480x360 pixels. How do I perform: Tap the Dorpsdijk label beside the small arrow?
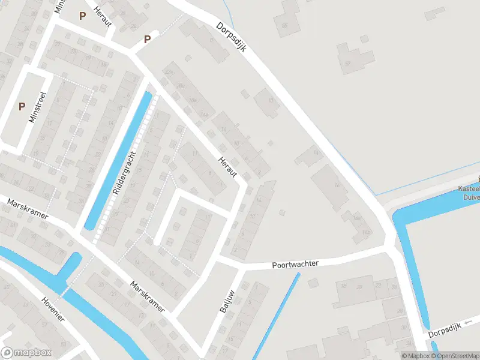[443, 329]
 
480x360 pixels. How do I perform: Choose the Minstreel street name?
[38, 107]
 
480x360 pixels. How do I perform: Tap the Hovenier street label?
[52, 309]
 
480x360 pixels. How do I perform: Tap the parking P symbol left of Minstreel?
[22, 107]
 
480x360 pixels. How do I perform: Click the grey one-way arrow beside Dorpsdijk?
[469, 322]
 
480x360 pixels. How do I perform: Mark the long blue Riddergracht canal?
[118, 161]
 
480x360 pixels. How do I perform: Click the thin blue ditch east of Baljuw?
[276, 316]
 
